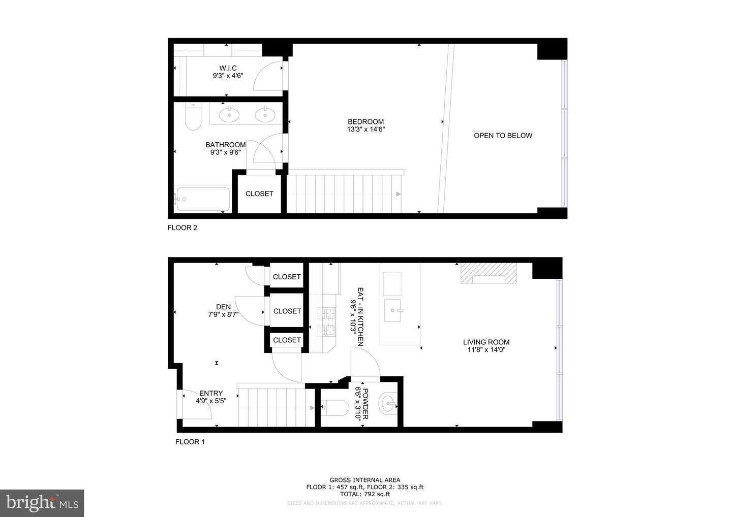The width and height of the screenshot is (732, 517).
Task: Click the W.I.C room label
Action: point(228,68)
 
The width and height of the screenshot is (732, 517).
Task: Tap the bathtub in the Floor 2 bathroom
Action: point(202,200)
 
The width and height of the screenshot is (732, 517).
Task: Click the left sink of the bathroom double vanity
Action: point(229,115)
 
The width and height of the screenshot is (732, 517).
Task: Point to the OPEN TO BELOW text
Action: point(503,136)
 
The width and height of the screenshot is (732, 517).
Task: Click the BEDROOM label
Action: point(365,122)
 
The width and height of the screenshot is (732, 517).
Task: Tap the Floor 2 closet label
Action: point(259,193)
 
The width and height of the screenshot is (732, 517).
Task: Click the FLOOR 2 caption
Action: point(182,228)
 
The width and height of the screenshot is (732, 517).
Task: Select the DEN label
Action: point(223,307)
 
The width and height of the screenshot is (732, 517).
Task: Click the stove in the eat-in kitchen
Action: point(326,321)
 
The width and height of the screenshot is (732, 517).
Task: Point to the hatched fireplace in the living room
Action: point(489,274)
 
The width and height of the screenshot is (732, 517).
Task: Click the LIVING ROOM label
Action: point(486,342)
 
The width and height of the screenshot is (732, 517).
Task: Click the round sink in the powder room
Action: point(389,405)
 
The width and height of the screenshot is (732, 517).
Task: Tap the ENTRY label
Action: point(211,393)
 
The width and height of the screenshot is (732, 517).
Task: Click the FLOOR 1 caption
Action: point(190,442)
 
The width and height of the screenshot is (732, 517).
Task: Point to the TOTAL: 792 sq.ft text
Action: point(364,494)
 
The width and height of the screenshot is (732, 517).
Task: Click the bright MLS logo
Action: point(42,503)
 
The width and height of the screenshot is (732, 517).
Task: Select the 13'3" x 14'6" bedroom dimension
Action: point(365,130)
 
